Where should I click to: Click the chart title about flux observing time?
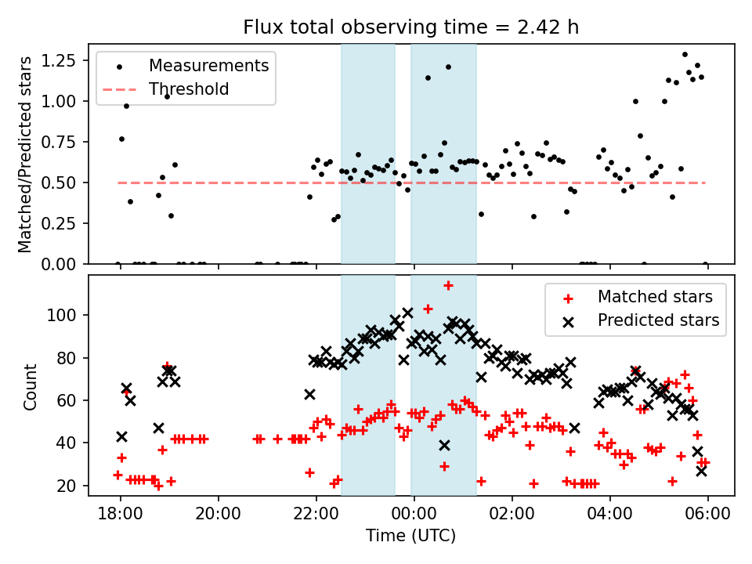pos(411,27)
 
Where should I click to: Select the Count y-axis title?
pos(31,386)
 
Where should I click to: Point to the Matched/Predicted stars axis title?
pos(26,154)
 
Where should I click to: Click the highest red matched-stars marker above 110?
pos(448,286)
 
